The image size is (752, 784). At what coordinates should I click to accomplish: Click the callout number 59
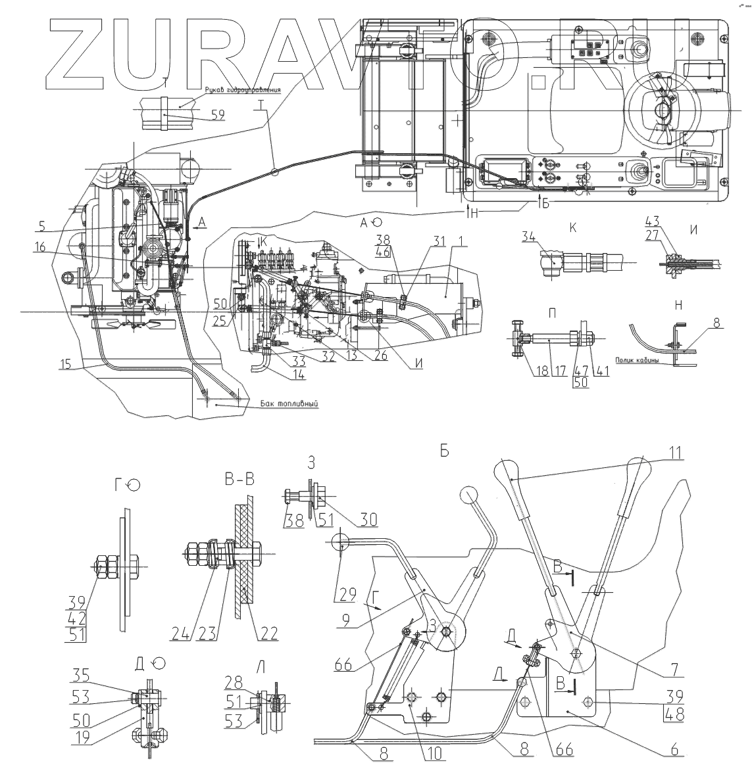point(217,114)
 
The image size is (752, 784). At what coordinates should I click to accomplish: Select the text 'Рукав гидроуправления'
point(242,90)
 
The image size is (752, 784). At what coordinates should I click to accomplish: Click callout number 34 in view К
point(529,237)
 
